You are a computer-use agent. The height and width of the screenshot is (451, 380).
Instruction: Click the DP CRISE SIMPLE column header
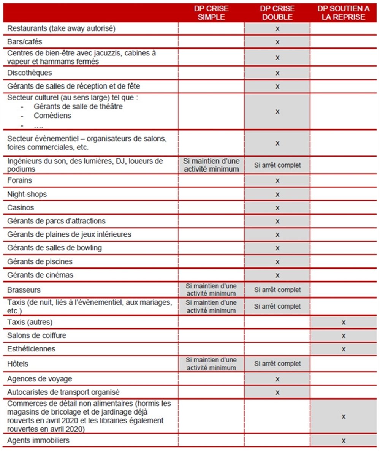click(211, 13)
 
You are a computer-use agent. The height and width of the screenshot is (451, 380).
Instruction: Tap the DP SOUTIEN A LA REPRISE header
click(343, 13)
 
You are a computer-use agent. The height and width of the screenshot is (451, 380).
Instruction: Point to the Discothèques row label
click(30, 73)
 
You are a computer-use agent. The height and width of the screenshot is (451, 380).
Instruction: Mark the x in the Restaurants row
click(277, 28)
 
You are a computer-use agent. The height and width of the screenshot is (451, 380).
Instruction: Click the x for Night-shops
click(277, 194)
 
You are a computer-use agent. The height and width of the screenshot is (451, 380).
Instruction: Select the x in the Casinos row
click(277, 208)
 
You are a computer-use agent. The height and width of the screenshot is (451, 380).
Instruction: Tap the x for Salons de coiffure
click(343, 336)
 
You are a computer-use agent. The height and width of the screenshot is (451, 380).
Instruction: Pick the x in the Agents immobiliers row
click(343, 440)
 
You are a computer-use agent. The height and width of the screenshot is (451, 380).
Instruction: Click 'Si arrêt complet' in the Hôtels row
click(277, 364)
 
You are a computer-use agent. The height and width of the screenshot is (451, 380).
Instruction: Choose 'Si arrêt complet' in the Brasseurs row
click(277, 290)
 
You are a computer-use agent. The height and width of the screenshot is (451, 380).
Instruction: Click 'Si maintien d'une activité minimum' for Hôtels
click(211, 364)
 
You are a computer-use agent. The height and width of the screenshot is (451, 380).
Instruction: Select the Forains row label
click(20, 180)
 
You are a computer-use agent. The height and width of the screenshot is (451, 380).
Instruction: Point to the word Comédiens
click(52, 116)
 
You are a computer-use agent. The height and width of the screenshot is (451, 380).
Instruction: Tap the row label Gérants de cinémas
click(40, 275)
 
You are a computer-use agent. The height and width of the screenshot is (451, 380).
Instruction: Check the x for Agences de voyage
click(277, 379)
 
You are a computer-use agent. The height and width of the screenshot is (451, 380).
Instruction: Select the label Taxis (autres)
click(30, 322)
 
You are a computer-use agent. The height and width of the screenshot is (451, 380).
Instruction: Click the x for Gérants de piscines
click(277, 261)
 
